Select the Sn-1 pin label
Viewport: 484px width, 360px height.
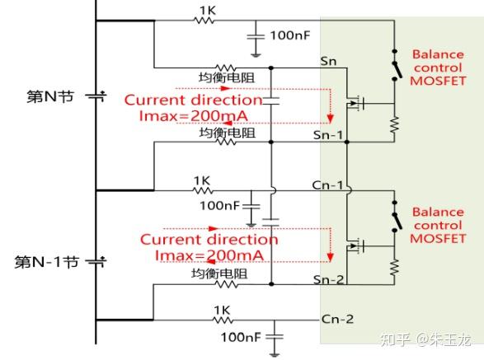point(331,133)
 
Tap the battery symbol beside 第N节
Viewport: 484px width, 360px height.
point(96,96)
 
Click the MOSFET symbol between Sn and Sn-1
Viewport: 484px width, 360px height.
point(356,103)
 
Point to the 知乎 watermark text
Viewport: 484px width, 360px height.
point(388,339)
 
